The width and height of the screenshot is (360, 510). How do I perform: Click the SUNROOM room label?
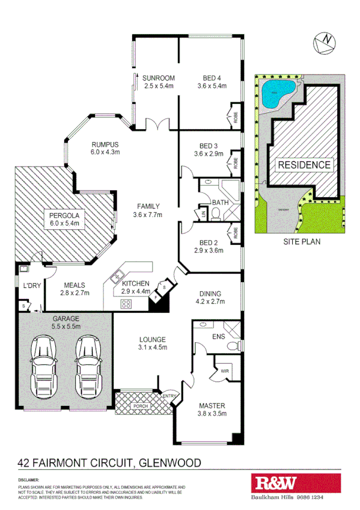pyautogui.click(x=159, y=78)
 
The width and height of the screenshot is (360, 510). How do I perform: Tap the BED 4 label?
pyautogui.click(x=212, y=78)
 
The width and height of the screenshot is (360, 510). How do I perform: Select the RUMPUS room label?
pyautogui.click(x=105, y=144)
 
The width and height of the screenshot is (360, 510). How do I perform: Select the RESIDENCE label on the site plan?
pyautogui.click(x=304, y=165)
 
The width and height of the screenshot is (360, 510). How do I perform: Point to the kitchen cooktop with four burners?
pyautogui.click(x=127, y=303)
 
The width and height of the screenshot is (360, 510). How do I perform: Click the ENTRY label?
pyautogui.click(x=169, y=395)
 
